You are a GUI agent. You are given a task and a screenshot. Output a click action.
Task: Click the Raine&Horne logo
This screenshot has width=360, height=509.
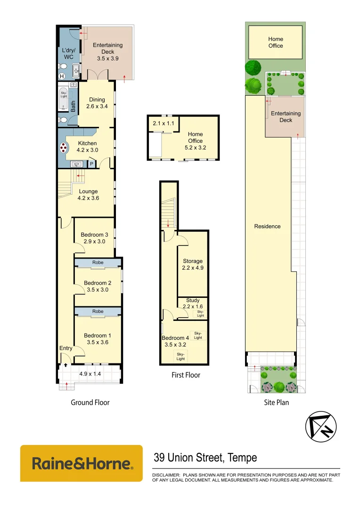pyautogui.click(x=82, y=463)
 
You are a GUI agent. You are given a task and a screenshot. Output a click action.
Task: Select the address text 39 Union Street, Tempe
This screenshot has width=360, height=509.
pyautogui.click(x=205, y=458)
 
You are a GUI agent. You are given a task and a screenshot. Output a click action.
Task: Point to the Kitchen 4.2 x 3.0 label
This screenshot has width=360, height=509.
pyautogui.click(x=87, y=147)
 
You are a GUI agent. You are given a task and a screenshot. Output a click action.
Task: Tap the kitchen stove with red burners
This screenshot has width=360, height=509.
pyautogui.click(x=63, y=148)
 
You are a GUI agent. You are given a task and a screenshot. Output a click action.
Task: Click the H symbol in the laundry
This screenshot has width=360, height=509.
pyautogui.click(x=62, y=76)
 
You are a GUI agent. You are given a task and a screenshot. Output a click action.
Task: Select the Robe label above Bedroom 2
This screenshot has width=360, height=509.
pyautogui.click(x=98, y=263)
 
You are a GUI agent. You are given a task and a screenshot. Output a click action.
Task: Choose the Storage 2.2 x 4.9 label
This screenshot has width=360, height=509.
pyautogui.click(x=193, y=264)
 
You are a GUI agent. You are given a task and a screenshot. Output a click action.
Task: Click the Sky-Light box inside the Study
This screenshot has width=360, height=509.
pyautogui.click(x=200, y=313)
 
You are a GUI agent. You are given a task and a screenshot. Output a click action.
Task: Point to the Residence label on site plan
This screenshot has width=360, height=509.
pyautogui.click(x=267, y=226)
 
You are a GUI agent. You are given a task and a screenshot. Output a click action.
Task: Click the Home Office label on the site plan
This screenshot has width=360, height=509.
pyautogui.click(x=276, y=42)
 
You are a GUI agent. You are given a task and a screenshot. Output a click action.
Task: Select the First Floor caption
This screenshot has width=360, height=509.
pyautogui.click(x=186, y=375)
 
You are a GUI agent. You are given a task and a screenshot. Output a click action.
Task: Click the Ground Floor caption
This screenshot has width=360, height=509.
pyautogui.click(x=90, y=402)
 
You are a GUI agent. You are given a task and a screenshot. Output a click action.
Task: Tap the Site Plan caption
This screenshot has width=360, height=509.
pyautogui.click(x=276, y=402)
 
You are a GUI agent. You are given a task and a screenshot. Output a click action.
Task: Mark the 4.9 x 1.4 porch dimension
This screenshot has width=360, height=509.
pyautogui.click(x=90, y=374)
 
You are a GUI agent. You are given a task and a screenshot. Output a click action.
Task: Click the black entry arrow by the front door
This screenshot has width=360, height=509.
pyautogui.click(x=65, y=365)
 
